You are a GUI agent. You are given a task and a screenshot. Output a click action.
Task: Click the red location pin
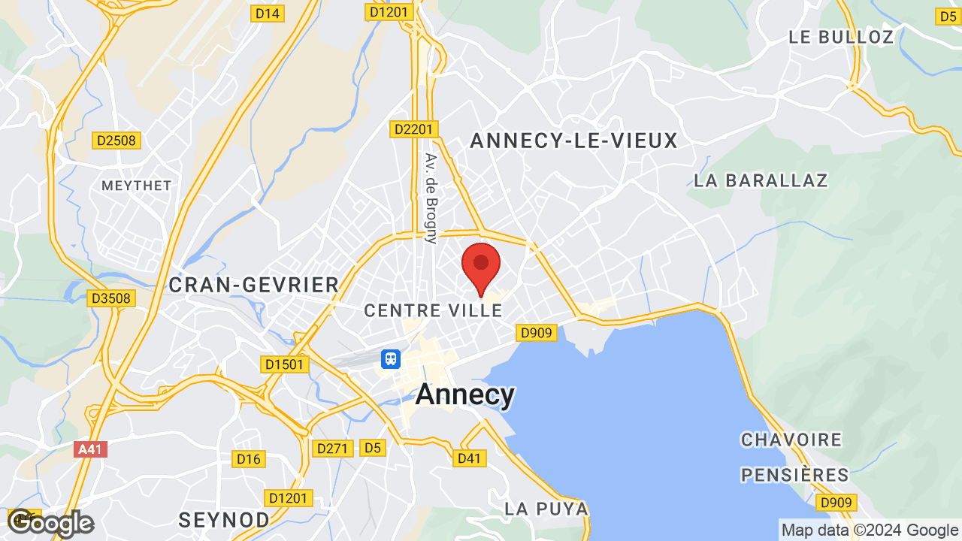(x=481, y=267)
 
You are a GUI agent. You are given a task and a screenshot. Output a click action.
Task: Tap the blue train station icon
(x=391, y=358)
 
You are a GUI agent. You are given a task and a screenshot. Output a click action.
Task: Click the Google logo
(x=50, y=523)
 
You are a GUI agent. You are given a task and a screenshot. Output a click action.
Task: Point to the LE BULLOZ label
(x=841, y=37)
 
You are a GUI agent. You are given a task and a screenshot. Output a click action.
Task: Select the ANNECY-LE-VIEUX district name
(x=573, y=141)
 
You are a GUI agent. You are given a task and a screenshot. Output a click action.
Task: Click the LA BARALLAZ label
(x=761, y=180)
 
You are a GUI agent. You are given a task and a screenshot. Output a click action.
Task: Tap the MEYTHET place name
(x=137, y=185)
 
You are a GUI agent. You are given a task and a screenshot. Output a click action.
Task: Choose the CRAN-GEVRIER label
(x=254, y=285)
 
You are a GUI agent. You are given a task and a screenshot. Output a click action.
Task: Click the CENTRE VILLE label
(x=433, y=310)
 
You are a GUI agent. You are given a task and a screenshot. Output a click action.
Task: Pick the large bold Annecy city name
(x=465, y=394)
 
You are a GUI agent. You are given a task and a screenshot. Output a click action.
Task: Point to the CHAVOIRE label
(x=791, y=440)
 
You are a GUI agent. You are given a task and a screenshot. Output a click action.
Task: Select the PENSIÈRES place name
(x=795, y=475)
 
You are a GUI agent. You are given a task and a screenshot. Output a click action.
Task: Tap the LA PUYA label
(x=546, y=509)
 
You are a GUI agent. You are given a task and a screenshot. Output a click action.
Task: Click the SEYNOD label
(x=224, y=519)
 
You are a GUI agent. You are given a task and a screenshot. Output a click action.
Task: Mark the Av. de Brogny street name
(x=431, y=198)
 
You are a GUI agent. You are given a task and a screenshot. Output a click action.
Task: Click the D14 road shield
(x=267, y=13)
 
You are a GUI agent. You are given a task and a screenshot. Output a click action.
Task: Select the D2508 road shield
(x=116, y=141)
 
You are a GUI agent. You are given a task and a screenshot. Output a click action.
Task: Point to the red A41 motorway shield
(x=90, y=449)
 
